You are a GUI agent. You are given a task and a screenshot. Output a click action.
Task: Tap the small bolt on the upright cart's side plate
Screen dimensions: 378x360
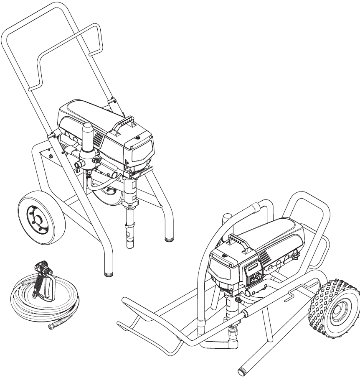click(x=51, y=156)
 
